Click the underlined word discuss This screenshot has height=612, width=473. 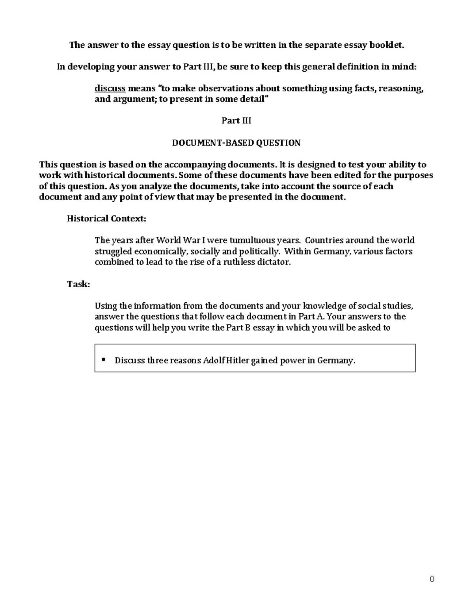point(110,89)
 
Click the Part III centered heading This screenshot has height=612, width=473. point(236,121)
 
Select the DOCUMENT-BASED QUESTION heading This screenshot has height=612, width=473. point(236,143)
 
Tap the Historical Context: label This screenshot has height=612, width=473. point(106,219)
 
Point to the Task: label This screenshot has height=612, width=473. point(78,285)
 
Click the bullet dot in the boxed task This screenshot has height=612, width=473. point(104,360)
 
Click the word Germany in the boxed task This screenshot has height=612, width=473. point(336,361)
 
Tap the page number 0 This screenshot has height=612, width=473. point(432,579)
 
